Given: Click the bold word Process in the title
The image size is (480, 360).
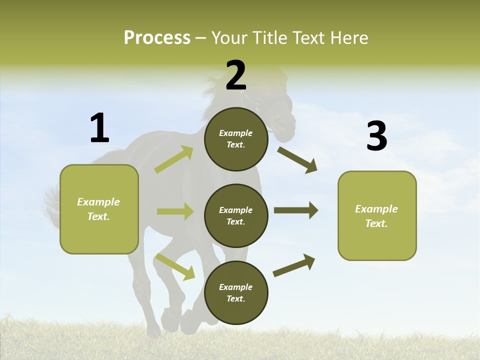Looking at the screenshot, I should click(157, 37).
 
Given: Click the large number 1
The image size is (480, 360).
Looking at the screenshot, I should click(99, 128).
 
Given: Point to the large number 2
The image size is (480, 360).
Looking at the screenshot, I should click(236, 75).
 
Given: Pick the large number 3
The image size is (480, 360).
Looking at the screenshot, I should click(376, 136).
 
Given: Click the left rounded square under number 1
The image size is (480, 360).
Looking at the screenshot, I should click(99, 209).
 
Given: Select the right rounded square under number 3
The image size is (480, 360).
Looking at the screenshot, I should click(377, 215).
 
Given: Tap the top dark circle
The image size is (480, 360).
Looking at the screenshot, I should click(236, 139).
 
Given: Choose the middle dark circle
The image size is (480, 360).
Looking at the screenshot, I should click(236, 215).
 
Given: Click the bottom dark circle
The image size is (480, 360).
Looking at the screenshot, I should click(236, 292).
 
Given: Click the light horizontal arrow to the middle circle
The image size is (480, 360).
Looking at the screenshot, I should click(175, 211).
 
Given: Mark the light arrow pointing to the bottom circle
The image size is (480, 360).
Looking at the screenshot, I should click(175, 266).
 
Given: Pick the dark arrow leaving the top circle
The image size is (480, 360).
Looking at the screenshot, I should click(297, 159).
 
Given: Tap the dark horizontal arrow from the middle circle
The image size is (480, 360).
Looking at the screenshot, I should click(296, 210).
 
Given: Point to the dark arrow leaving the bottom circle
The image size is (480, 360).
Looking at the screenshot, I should click(294, 265).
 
